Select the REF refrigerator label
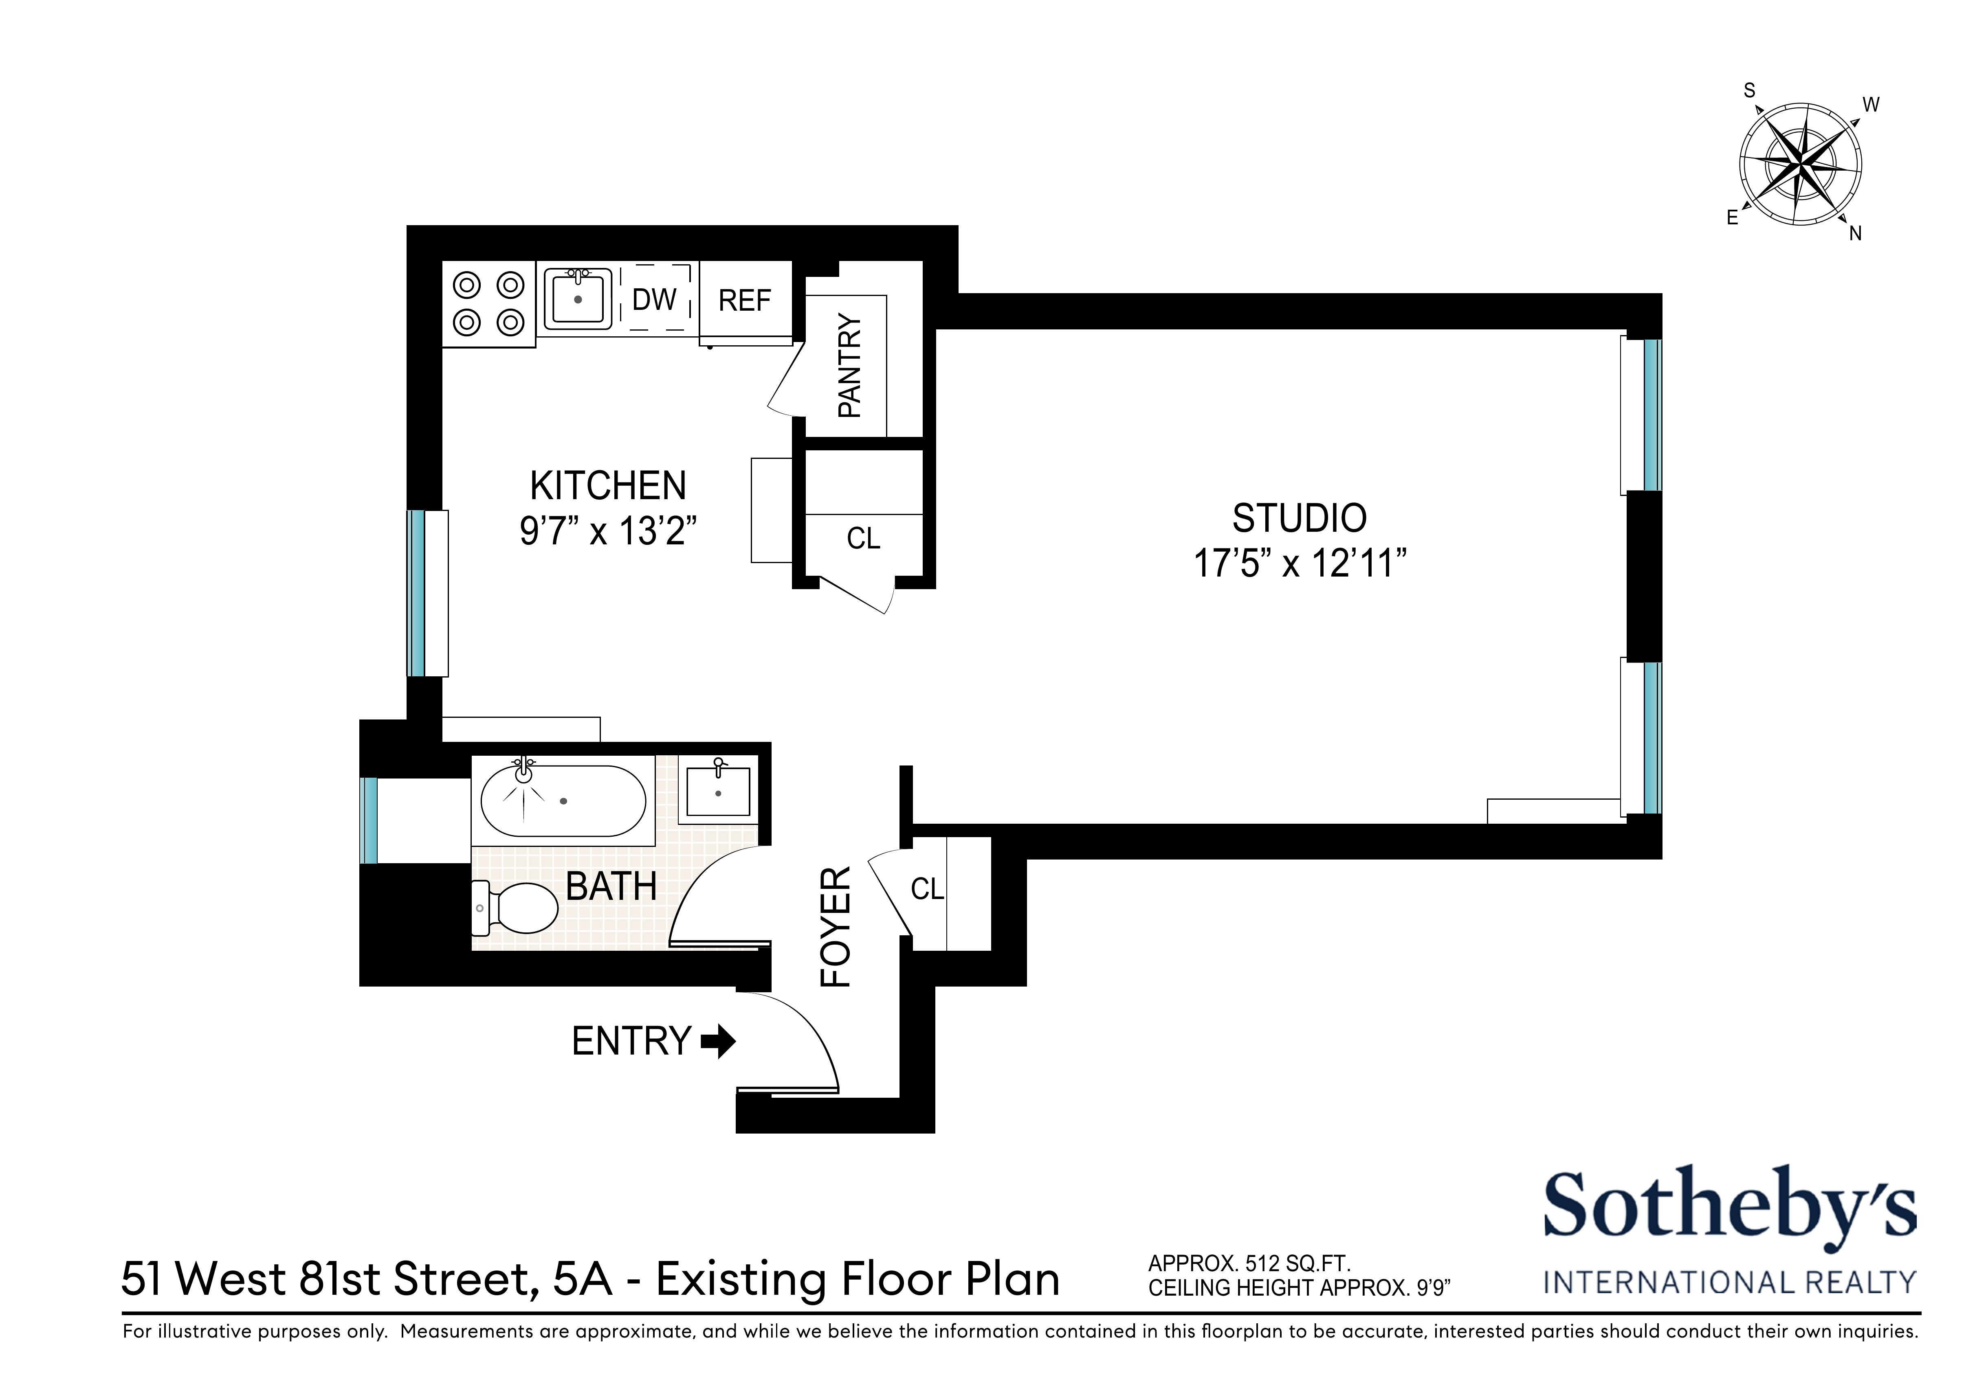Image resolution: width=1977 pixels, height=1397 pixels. (x=745, y=300)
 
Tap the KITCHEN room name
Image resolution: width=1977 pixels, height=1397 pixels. (x=608, y=486)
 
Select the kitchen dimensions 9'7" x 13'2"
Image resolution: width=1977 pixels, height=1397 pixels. (x=608, y=531)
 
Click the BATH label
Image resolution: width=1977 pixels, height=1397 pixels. (x=611, y=886)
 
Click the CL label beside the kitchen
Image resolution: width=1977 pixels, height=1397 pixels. (x=863, y=539)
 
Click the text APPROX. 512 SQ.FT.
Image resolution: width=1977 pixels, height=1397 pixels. (x=1249, y=1263)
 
